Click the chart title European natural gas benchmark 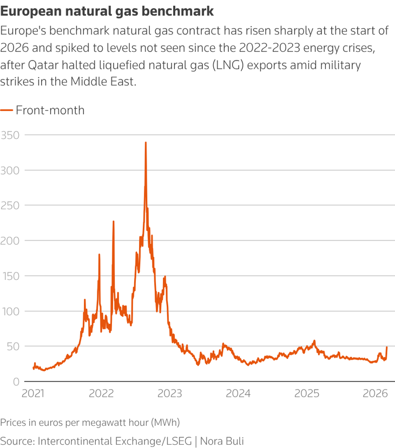coord(107,11)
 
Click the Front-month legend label coord(50,110)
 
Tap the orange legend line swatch coord(6,110)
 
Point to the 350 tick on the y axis coord(10,135)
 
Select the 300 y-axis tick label coord(10,170)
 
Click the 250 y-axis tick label coord(10,205)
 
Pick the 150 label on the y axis coord(10,276)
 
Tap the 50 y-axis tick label coord(12,346)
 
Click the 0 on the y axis coord(15,381)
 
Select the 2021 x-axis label coord(34,393)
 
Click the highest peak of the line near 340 coord(146,143)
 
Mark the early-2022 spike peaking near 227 coord(113,222)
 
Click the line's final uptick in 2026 coord(387,347)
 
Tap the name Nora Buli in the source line coord(222,440)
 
